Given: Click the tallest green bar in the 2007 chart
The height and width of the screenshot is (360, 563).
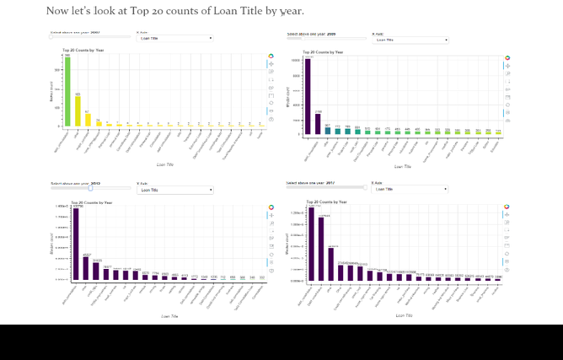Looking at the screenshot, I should (x=67, y=92).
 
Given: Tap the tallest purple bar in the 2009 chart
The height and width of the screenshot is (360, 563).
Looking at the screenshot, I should (x=308, y=96).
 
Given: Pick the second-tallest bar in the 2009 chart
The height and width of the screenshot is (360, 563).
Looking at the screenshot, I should (x=318, y=123).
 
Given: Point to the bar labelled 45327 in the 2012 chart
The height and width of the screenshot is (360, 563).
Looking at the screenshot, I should (x=86, y=269).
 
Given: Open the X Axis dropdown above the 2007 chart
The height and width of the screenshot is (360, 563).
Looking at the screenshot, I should (x=175, y=38).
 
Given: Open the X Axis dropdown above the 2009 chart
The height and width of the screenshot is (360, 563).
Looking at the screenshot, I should (x=410, y=40).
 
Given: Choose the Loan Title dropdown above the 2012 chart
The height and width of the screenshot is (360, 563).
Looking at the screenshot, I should (x=175, y=190).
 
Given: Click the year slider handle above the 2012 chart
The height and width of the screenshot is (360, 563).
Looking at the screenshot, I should (x=90, y=188).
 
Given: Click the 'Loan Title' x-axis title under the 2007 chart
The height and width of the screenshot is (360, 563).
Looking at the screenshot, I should (x=166, y=164).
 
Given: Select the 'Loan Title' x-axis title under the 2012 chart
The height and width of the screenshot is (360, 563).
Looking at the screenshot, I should (x=169, y=316).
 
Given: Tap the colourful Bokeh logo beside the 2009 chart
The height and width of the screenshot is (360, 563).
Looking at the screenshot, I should (x=507, y=58).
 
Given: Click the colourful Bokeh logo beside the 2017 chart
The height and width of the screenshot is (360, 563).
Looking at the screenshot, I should (x=507, y=207).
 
